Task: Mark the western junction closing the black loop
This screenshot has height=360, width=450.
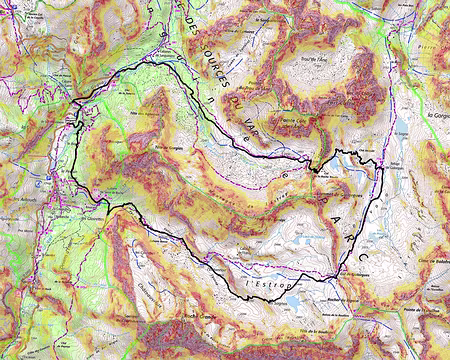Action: tap(77, 100)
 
